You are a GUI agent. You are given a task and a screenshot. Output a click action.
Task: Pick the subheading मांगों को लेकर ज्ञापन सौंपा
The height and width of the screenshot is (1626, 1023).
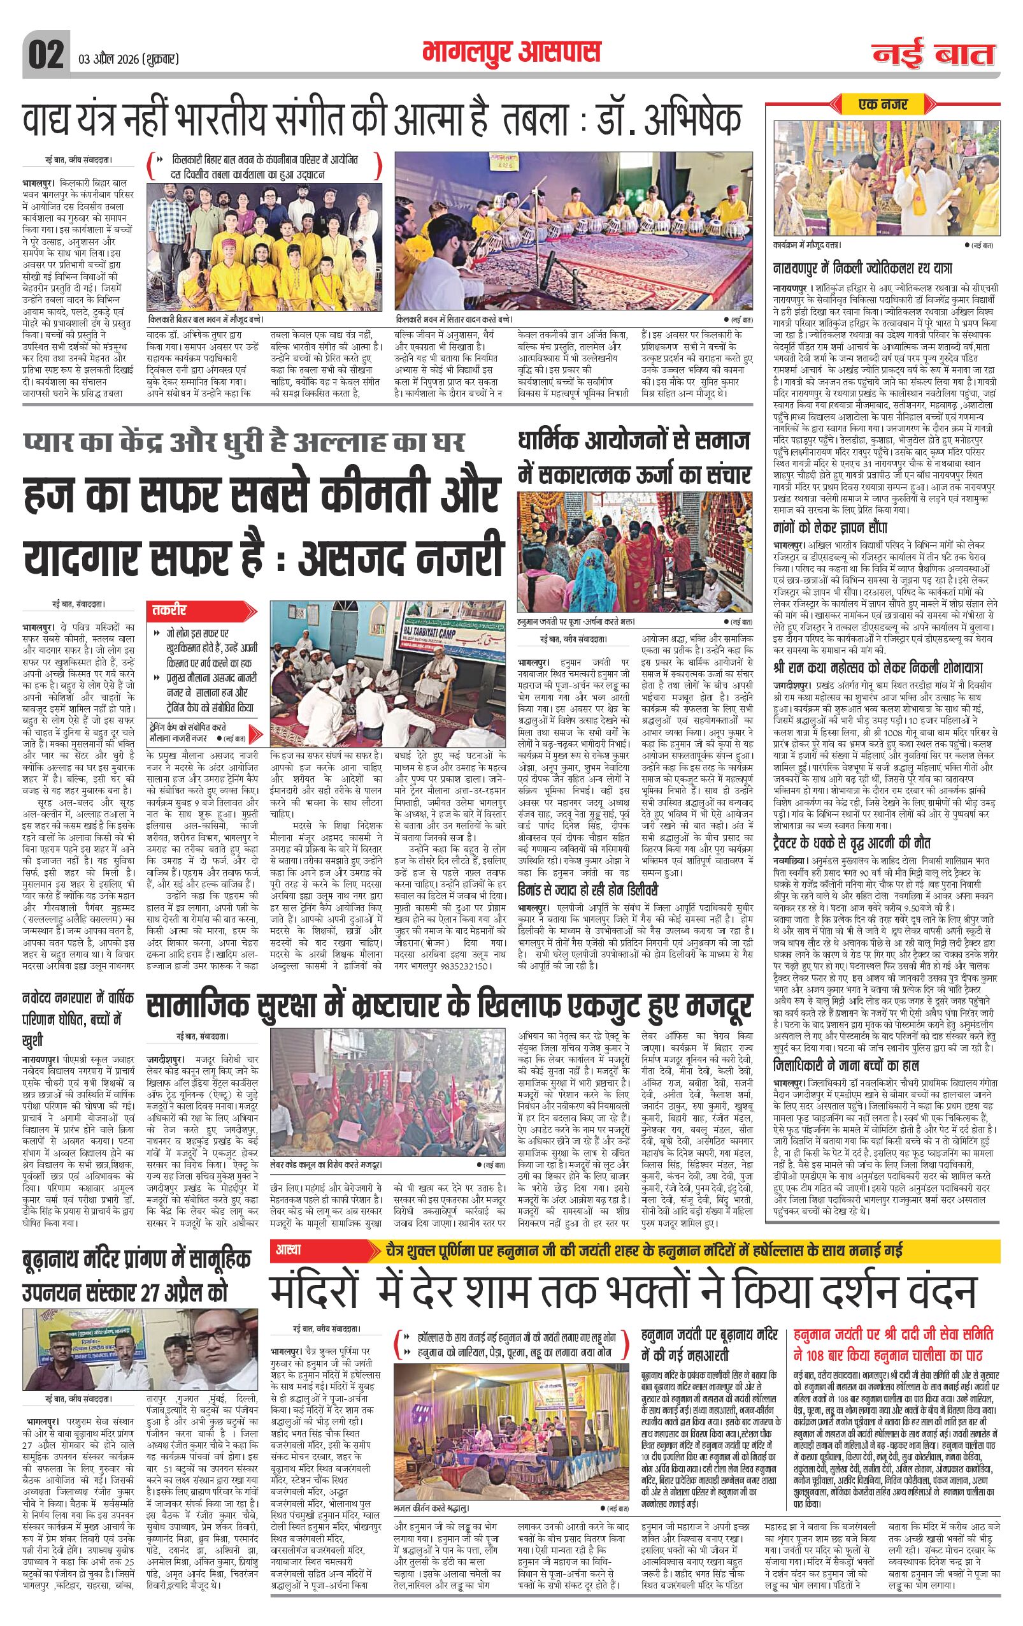[x=830, y=527]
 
